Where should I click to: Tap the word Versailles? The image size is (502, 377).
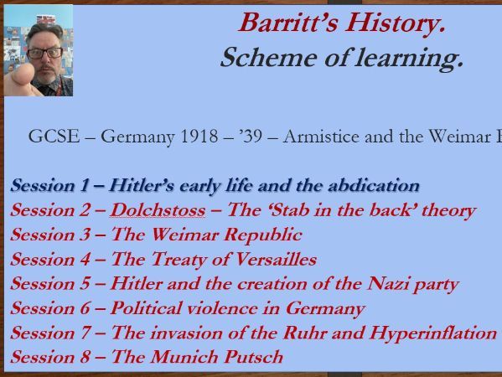[267, 259]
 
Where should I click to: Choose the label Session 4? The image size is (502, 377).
[49, 259]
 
